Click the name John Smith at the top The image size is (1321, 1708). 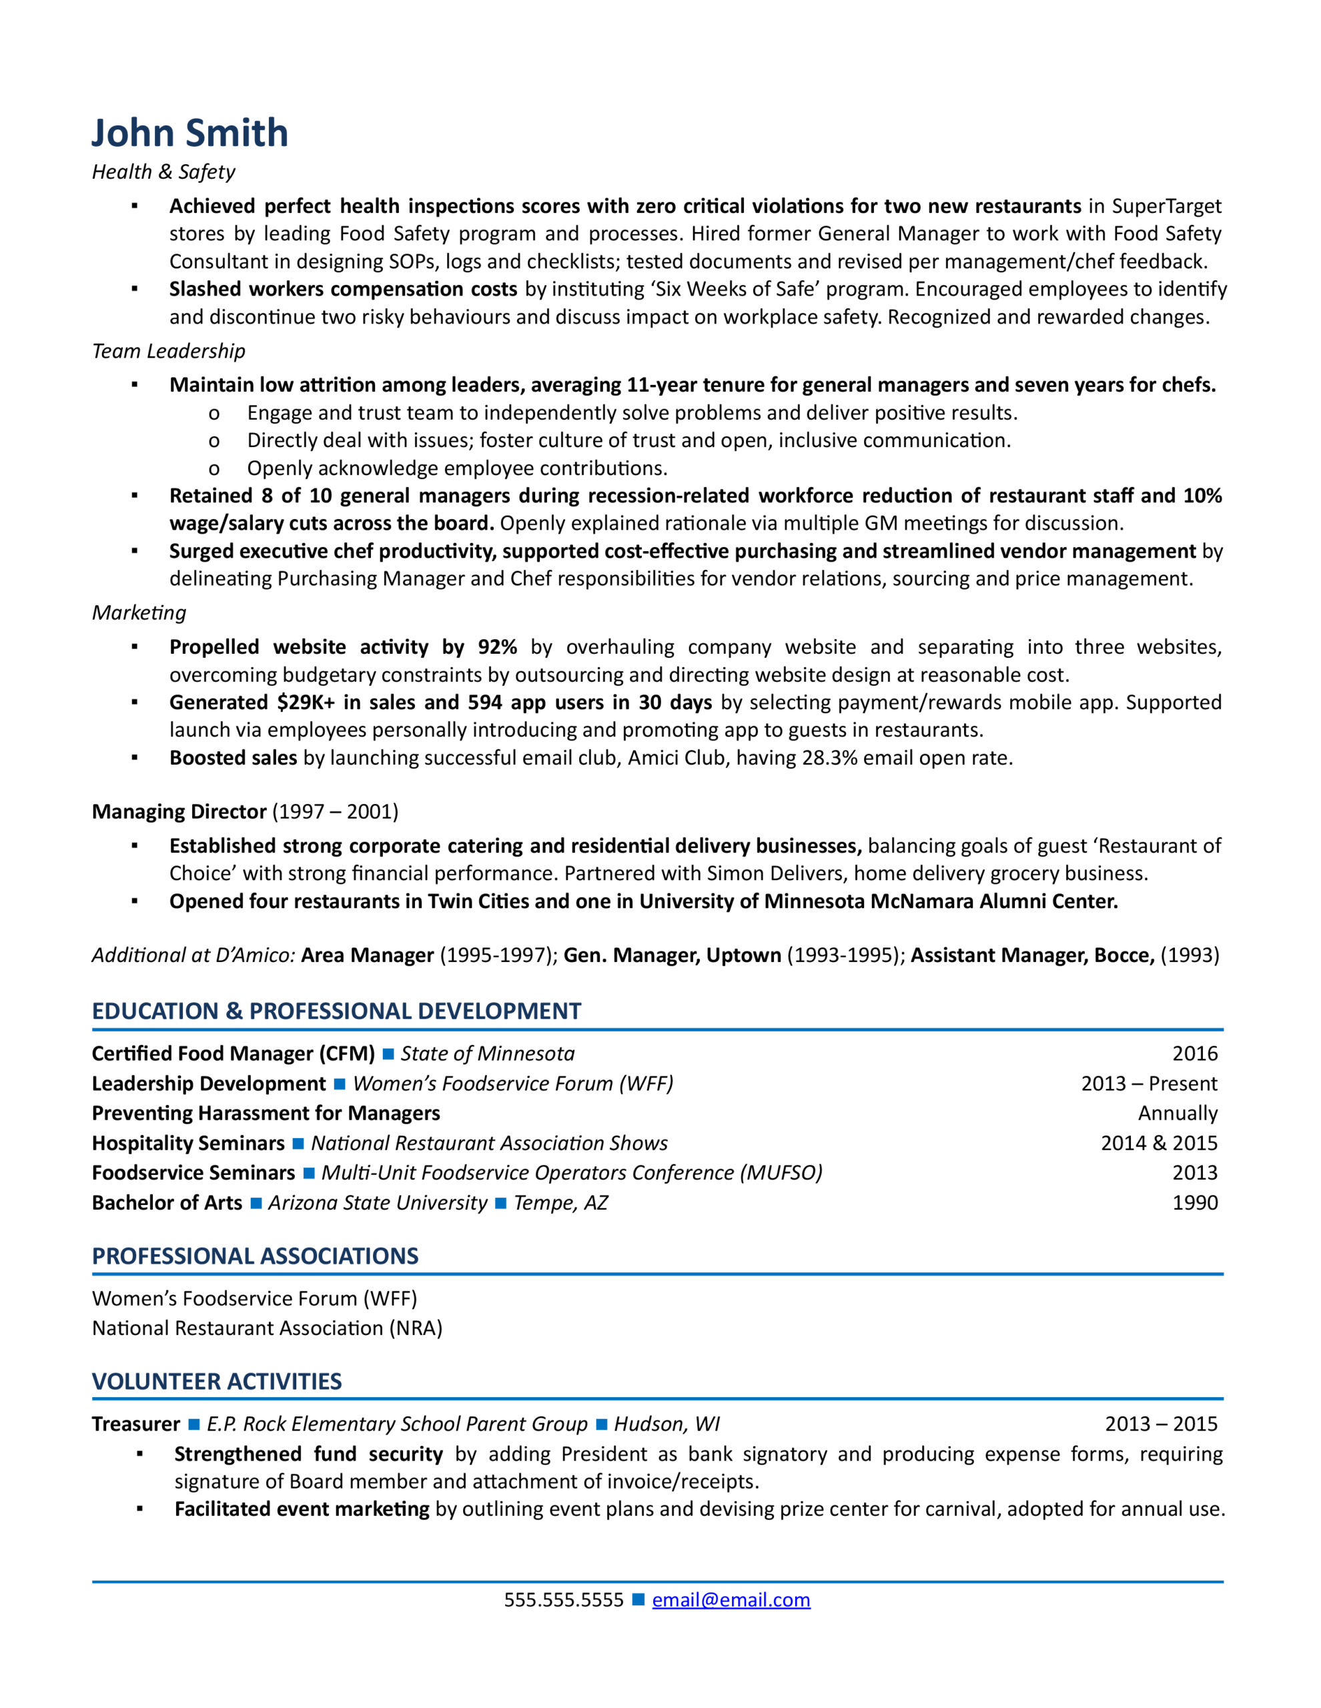click(190, 133)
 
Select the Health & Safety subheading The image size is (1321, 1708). click(163, 172)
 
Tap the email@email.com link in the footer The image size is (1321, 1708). click(731, 1599)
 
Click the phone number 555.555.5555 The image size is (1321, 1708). click(563, 1599)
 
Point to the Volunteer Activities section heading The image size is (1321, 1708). click(217, 1381)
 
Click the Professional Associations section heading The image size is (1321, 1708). click(255, 1256)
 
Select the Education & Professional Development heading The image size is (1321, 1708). click(336, 1011)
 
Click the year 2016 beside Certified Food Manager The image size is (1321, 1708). click(1194, 1053)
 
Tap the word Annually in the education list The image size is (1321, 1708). click(1177, 1113)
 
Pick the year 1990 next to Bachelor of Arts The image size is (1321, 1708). click(1194, 1203)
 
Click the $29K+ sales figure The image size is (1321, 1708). click(306, 703)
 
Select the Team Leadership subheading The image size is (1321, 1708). click(168, 351)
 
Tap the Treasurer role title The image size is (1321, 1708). click(136, 1424)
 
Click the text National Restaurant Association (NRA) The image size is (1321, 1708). click(267, 1328)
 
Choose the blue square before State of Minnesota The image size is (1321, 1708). click(388, 1054)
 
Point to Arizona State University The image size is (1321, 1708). click(377, 1203)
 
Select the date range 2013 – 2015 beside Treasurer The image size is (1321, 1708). click(1161, 1424)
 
